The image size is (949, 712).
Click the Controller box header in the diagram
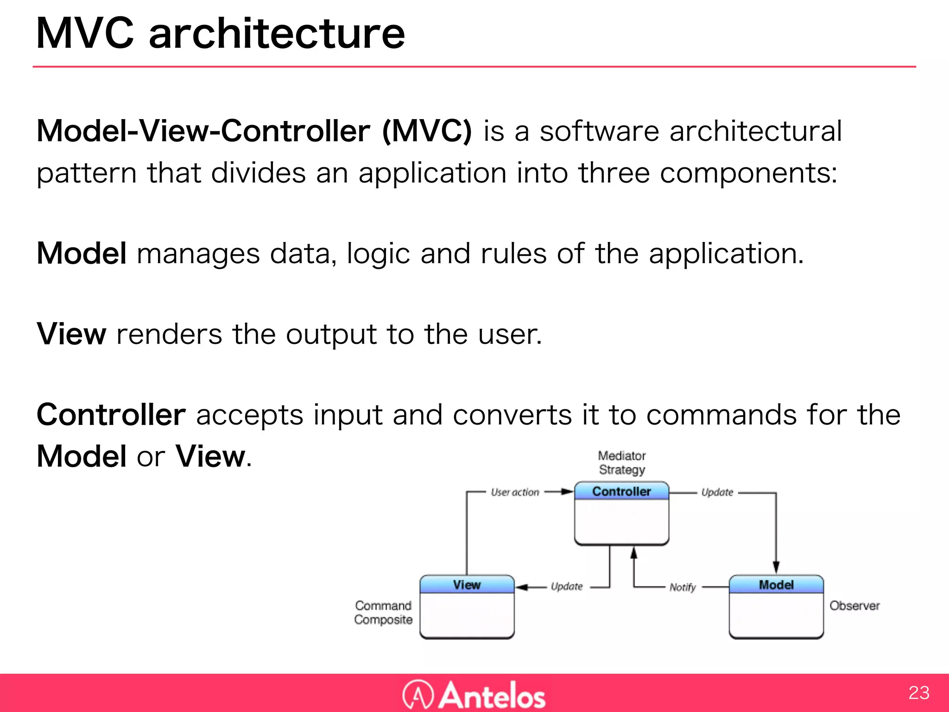coord(621,491)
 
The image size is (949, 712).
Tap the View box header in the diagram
coord(467,585)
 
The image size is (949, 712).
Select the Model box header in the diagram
coord(776,585)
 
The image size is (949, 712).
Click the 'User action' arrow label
coord(515,492)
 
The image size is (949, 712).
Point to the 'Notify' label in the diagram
coord(683,587)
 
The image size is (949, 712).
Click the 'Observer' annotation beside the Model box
coord(854,606)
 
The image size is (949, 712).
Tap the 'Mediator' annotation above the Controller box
coord(621,456)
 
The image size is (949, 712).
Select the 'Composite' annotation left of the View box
coord(383,620)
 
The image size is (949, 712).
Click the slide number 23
coord(919,693)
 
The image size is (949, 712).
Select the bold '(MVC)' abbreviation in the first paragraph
coord(427,131)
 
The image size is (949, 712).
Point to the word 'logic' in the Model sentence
coord(378,254)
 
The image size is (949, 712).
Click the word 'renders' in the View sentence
coord(169,334)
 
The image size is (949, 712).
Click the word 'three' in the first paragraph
coord(614,173)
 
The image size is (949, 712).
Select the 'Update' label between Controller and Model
coord(717,492)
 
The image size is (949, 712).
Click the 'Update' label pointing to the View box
coord(567,586)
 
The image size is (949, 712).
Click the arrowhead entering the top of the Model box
coord(776,567)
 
